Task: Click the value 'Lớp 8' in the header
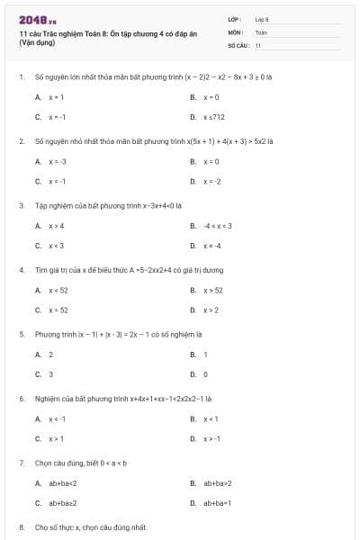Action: tap(262, 19)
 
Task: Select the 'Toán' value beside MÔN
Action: tap(261, 31)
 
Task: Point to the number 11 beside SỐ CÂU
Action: tap(258, 44)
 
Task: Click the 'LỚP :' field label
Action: tap(235, 19)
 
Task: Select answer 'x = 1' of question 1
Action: tap(56, 96)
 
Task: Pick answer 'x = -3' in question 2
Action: tap(57, 160)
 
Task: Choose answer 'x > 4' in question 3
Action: tap(56, 225)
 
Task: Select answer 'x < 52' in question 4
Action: tap(58, 290)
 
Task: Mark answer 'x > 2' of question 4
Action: tap(211, 310)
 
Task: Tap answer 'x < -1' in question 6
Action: tap(57, 418)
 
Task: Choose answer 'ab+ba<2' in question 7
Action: tap(62, 483)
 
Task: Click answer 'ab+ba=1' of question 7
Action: tap(217, 504)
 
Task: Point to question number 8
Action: tap(21, 527)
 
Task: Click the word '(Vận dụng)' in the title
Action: tap(36, 42)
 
